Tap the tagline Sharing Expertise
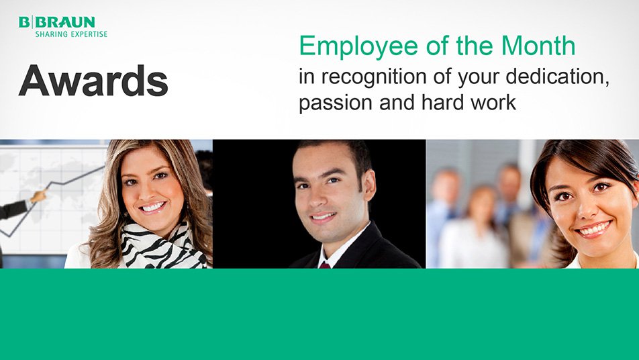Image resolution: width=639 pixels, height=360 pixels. [x=71, y=34]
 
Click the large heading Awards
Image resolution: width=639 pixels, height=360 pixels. [x=93, y=81]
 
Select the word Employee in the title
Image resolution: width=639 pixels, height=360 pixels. [x=358, y=47]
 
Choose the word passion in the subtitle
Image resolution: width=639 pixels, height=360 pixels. [x=336, y=103]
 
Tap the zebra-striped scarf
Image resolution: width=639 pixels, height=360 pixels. [x=161, y=246]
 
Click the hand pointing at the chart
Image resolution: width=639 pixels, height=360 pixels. [x=38, y=197]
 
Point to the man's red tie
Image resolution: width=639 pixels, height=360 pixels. [x=325, y=265]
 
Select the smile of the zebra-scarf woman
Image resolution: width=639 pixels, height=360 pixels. [x=153, y=208]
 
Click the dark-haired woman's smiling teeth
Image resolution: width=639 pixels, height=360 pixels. [x=593, y=230]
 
